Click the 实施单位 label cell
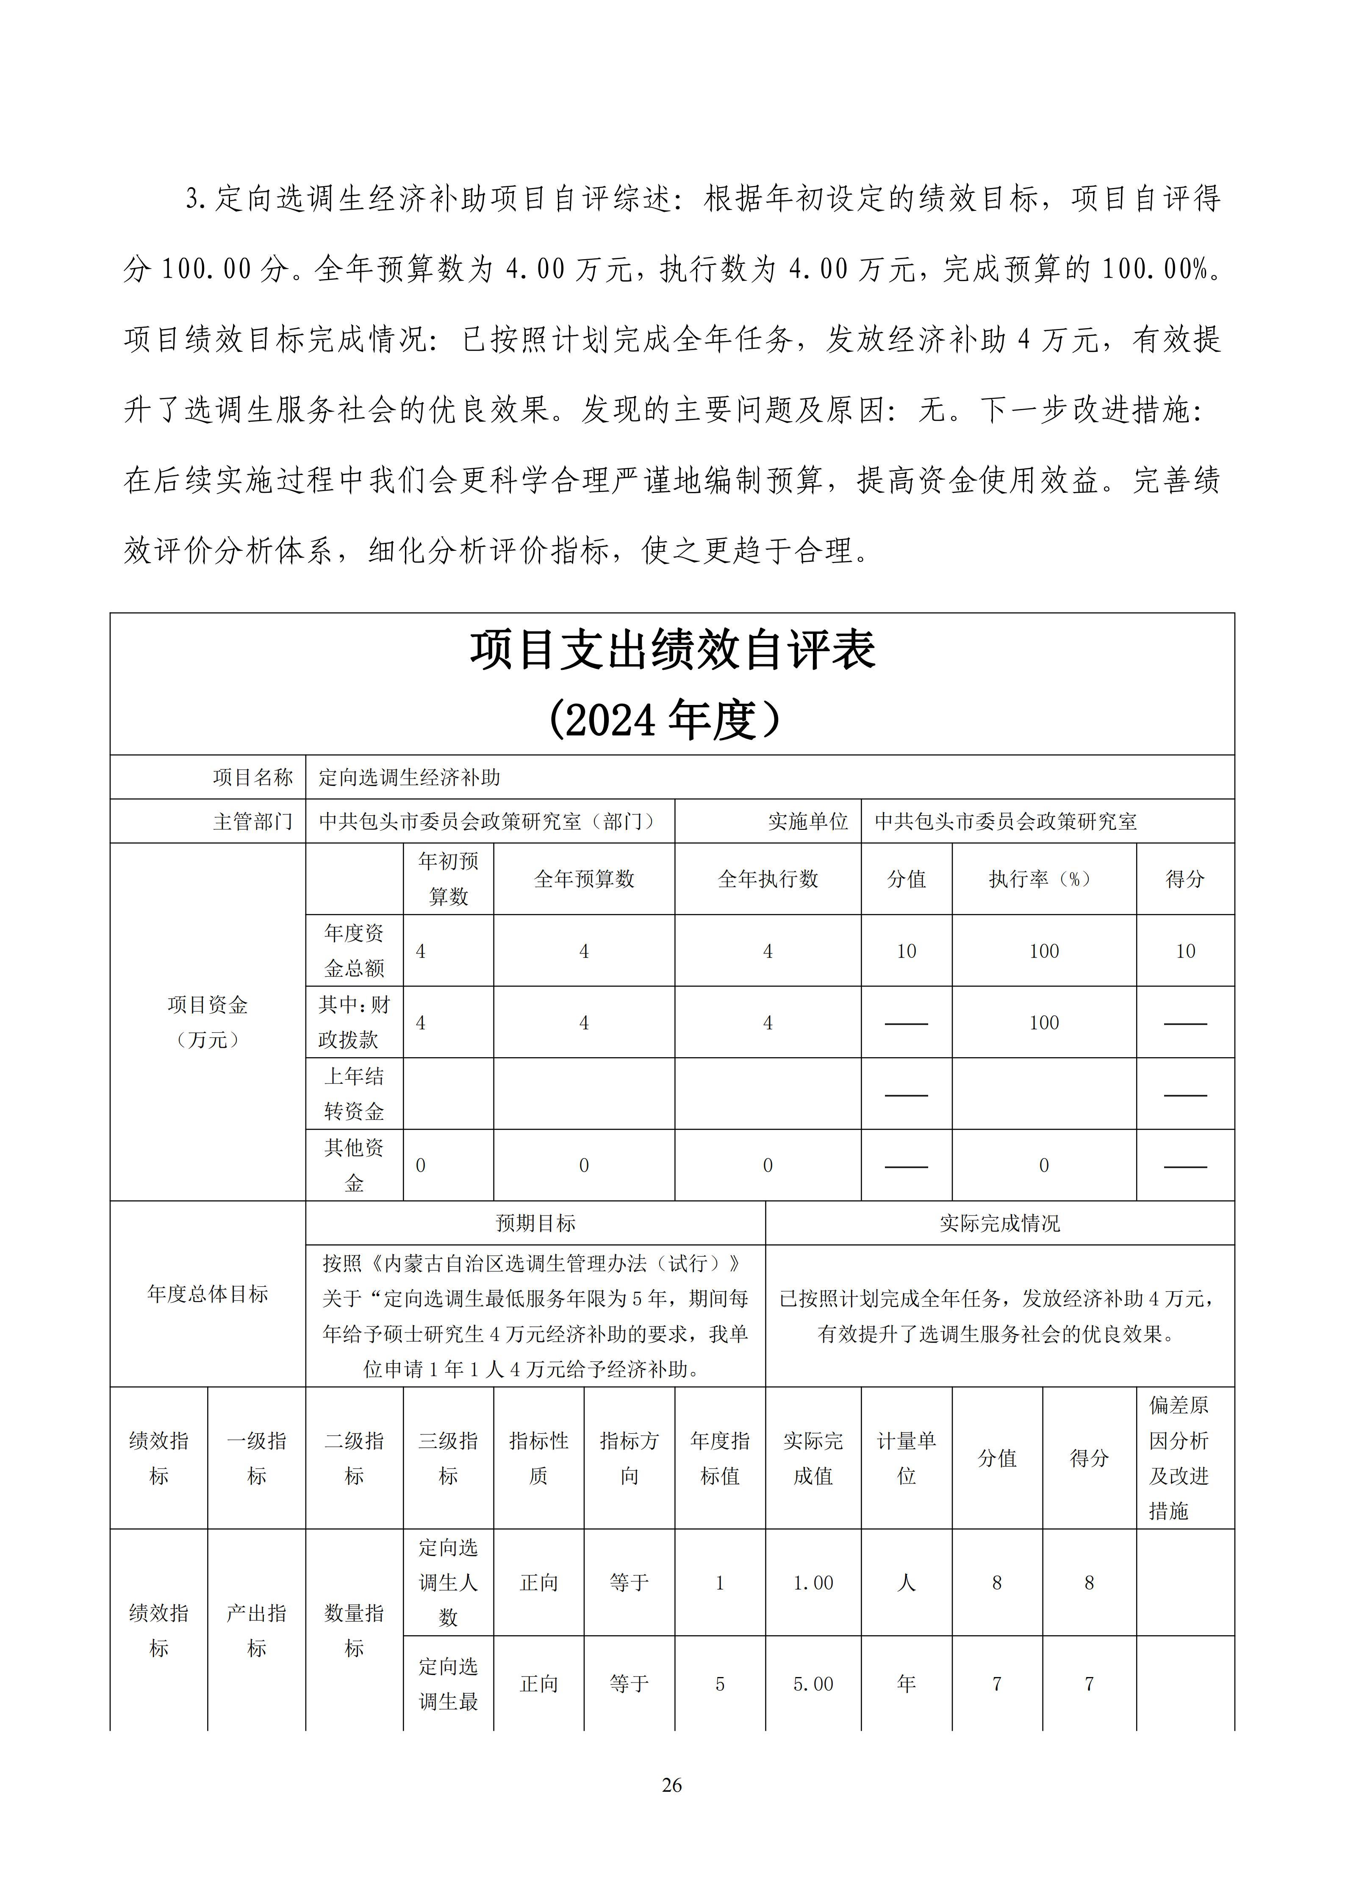click(x=807, y=821)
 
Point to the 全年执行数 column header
click(x=768, y=879)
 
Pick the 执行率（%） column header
click(x=1043, y=879)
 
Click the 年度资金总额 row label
click(x=355, y=950)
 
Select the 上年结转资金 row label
click(x=355, y=1094)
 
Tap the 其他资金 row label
click(x=355, y=1165)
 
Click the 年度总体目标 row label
click(x=208, y=1294)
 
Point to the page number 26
click(x=672, y=1785)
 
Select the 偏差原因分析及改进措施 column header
click(x=1179, y=1458)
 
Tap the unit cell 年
click(x=907, y=1683)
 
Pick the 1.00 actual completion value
click(x=813, y=1583)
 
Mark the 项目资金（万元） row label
click(x=208, y=1022)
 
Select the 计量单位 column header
click(x=907, y=1458)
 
